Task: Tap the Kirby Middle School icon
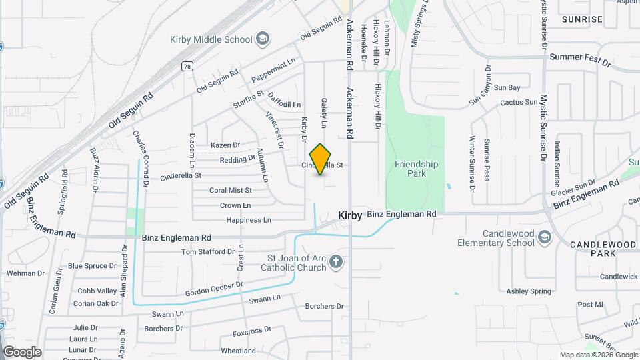click(x=263, y=39)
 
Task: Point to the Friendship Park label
click(x=416, y=168)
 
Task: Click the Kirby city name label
click(x=350, y=215)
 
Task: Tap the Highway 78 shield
click(x=188, y=67)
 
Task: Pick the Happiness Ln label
click(x=249, y=220)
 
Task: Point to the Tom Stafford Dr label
click(x=208, y=252)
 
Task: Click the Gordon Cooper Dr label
click(x=214, y=289)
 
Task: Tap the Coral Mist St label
click(x=230, y=190)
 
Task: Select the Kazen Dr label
click(x=225, y=145)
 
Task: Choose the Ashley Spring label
click(x=529, y=291)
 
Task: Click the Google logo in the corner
click(x=21, y=352)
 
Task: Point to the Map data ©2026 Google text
click(x=598, y=355)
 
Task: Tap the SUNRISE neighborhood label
click(x=581, y=19)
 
